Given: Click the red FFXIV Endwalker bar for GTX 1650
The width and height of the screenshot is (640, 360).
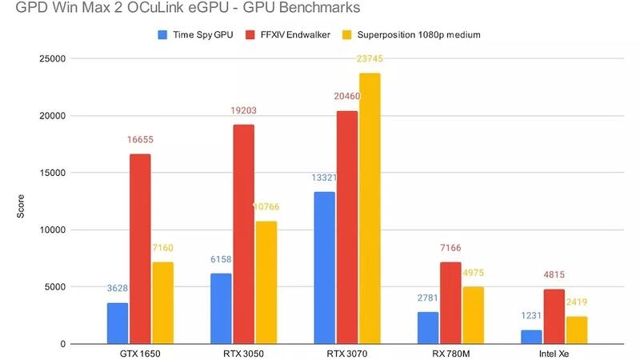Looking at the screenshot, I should click(x=140, y=249).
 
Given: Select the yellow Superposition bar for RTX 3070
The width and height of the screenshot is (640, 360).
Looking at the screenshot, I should click(x=370, y=209).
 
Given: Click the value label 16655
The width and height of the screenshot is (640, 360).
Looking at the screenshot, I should click(x=140, y=139).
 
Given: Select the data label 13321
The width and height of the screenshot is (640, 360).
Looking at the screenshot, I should click(x=324, y=178).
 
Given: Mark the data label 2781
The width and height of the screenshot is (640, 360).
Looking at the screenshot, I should click(x=428, y=298).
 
